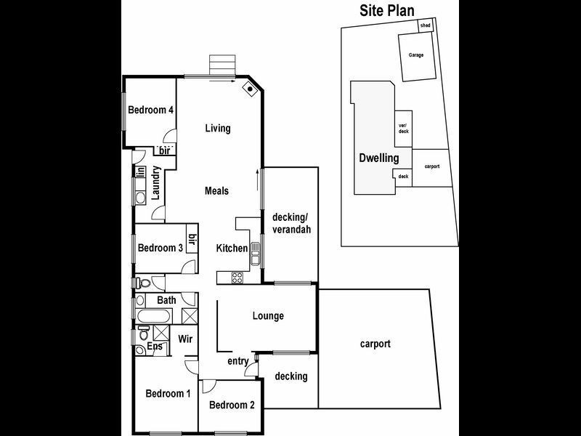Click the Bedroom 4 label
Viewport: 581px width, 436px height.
coord(150,111)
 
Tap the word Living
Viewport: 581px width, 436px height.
coord(217,129)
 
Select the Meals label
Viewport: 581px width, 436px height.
coord(216,191)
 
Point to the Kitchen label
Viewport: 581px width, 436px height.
coord(232,249)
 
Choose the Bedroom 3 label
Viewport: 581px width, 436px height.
coord(160,248)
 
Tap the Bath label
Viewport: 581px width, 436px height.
coord(166,299)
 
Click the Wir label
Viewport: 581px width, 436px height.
coord(184,338)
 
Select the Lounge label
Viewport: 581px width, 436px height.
coord(268,316)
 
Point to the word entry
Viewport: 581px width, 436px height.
coord(238,361)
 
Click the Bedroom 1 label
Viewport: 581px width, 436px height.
coord(168,394)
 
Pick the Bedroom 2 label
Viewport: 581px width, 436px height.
coord(232,405)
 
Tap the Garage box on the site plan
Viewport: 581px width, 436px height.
coord(416,54)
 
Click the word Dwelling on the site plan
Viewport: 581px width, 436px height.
coord(378,158)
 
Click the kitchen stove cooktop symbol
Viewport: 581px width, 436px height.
coord(236,276)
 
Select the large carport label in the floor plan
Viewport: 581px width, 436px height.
coord(375,344)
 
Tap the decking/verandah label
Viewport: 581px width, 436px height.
coord(291,223)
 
